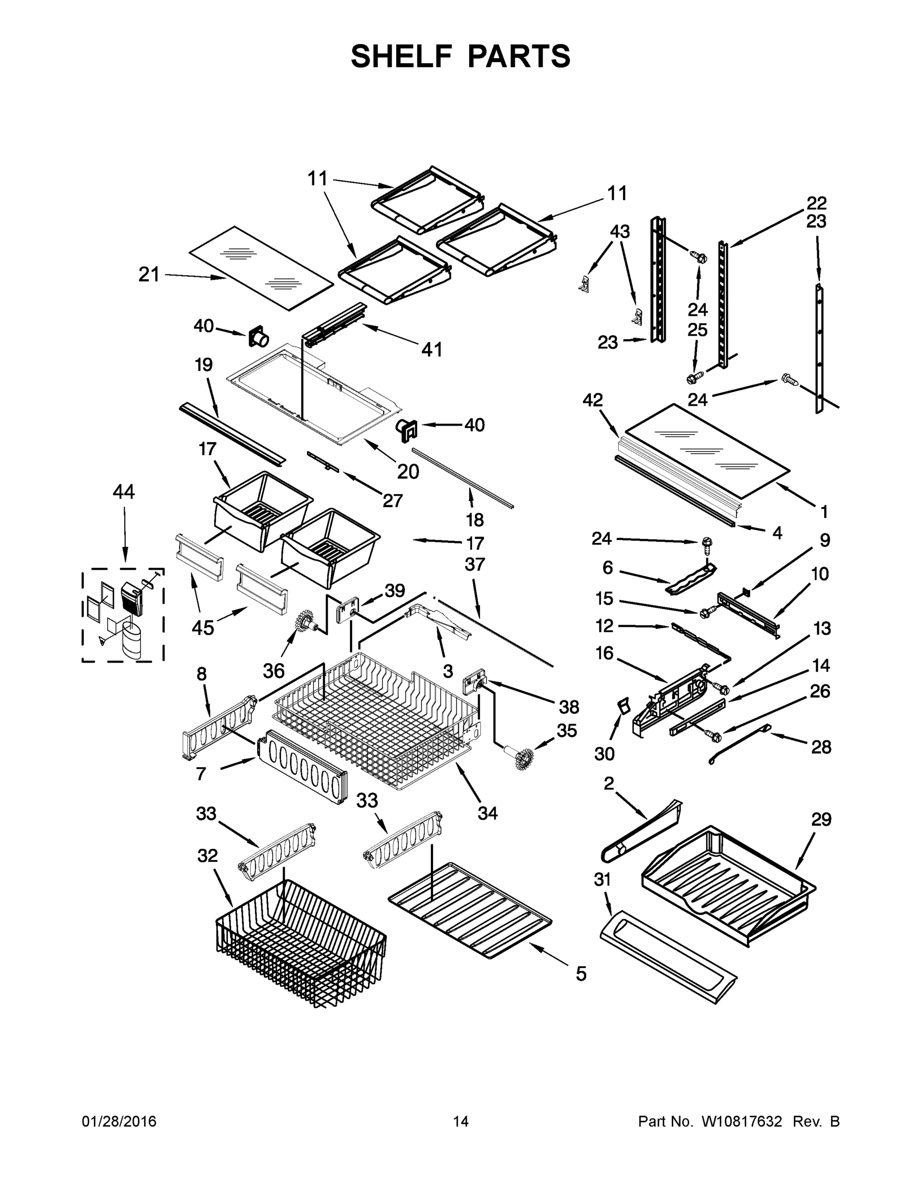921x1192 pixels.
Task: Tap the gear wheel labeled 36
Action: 301,622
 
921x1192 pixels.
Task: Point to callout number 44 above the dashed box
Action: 123,492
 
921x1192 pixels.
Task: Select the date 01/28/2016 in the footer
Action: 119,1121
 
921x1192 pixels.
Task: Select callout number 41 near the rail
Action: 431,349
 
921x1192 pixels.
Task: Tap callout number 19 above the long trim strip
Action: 204,365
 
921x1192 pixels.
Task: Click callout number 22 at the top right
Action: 817,203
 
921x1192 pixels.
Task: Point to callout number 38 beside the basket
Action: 568,707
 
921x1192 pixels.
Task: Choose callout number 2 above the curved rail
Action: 609,784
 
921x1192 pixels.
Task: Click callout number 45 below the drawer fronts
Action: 203,628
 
